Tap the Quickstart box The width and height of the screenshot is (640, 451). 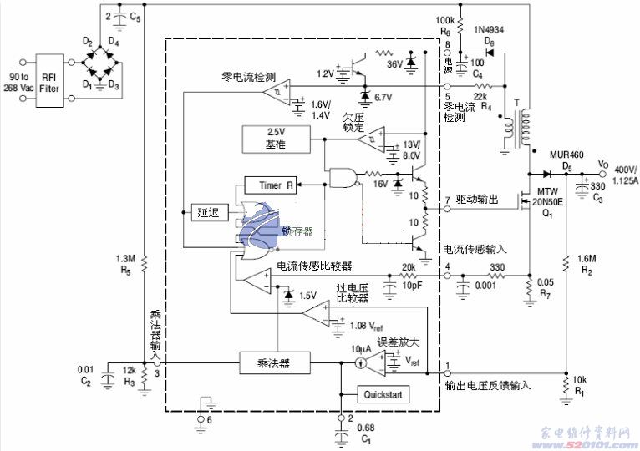383,394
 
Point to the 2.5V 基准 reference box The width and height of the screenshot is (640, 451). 276,139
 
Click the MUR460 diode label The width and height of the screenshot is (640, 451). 566,156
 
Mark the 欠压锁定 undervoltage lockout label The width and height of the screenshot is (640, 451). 353,123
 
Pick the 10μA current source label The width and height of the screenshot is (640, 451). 360,347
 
